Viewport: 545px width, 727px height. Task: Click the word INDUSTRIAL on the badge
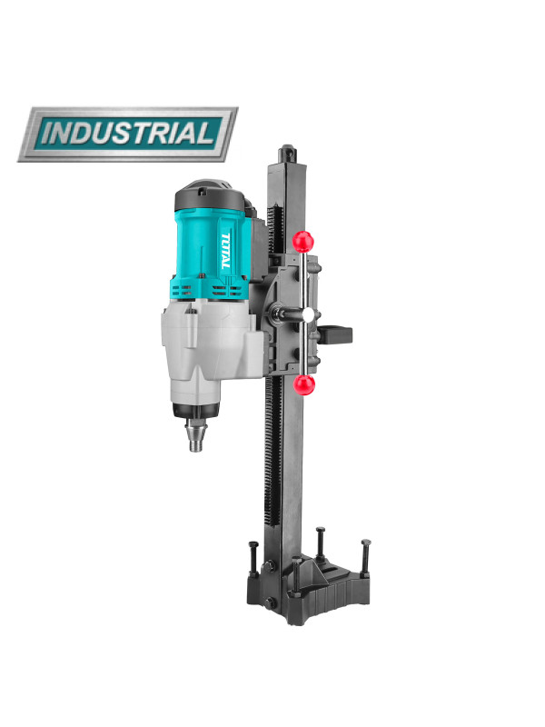128,134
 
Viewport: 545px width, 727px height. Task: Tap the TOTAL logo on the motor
224,251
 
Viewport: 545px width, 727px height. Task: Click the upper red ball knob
303,242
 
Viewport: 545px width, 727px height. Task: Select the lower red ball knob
304,384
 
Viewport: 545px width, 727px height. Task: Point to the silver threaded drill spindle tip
196,436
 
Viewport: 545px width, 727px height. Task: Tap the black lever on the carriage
334,334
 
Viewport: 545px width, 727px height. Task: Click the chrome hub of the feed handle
308,315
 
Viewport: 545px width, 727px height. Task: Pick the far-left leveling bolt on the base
253,558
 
